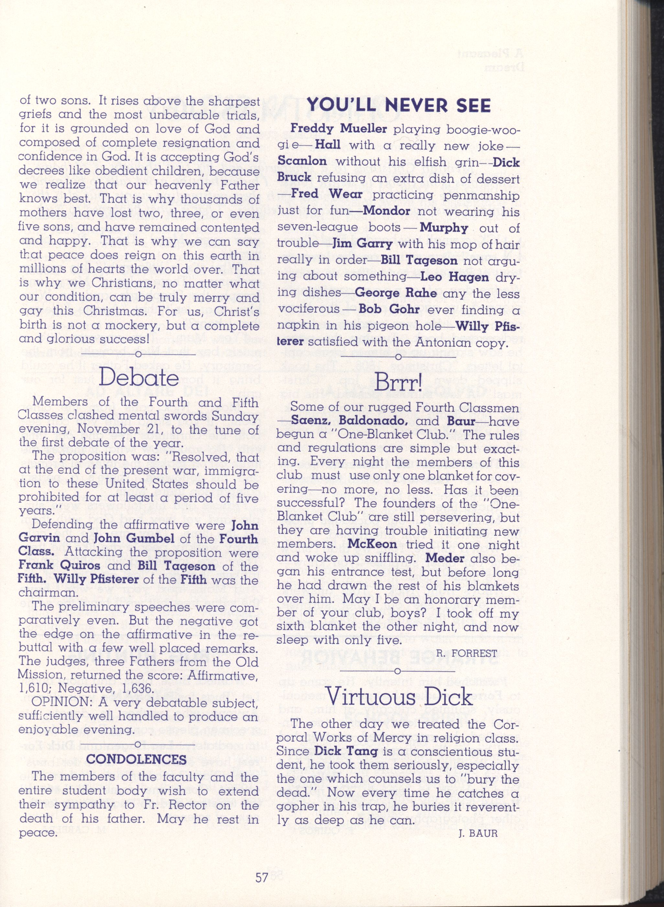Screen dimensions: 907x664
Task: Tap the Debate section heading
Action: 139,378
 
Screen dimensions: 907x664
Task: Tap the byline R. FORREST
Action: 466,654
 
